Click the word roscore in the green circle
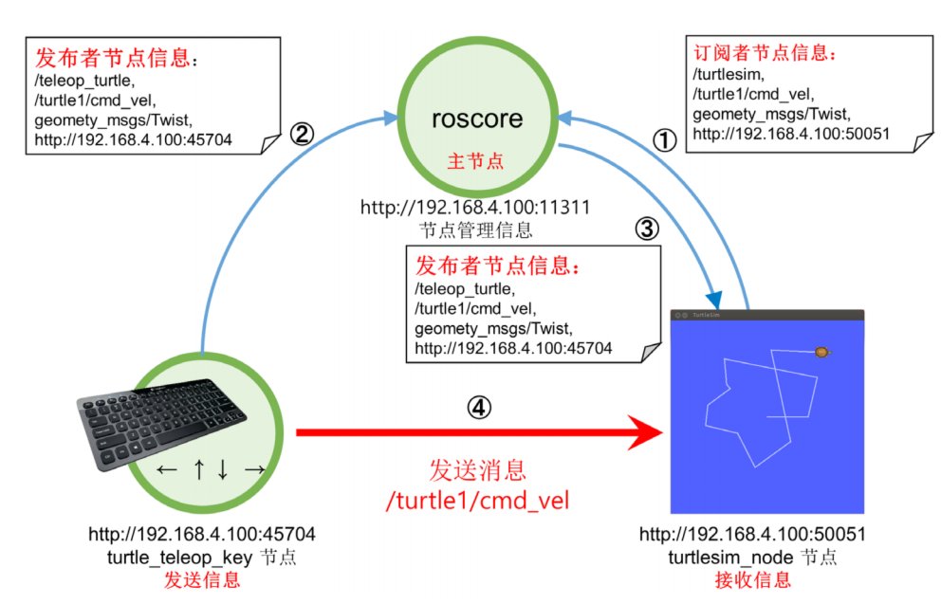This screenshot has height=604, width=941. [x=477, y=119]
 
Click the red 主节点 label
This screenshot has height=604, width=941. [x=476, y=161]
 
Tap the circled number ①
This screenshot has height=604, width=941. [x=664, y=141]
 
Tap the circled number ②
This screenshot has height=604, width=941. [x=302, y=133]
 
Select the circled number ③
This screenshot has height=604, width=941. [x=647, y=229]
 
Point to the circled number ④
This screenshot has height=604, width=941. [x=479, y=408]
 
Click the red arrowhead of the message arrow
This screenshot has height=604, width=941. [x=645, y=432]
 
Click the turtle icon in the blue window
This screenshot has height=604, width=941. [x=822, y=352]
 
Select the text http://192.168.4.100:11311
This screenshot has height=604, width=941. [x=475, y=208]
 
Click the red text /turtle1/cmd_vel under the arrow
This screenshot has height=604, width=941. [x=478, y=501]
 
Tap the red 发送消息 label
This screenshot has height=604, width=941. [x=478, y=470]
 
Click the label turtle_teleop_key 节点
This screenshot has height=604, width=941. [x=202, y=558]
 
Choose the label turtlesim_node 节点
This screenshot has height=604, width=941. [x=752, y=558]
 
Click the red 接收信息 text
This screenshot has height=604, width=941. [x=752, y=580]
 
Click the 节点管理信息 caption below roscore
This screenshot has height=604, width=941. [x=476, y=230]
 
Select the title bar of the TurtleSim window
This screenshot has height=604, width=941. [x=767, y=315]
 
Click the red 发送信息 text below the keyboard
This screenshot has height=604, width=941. [x=202, y=580]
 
